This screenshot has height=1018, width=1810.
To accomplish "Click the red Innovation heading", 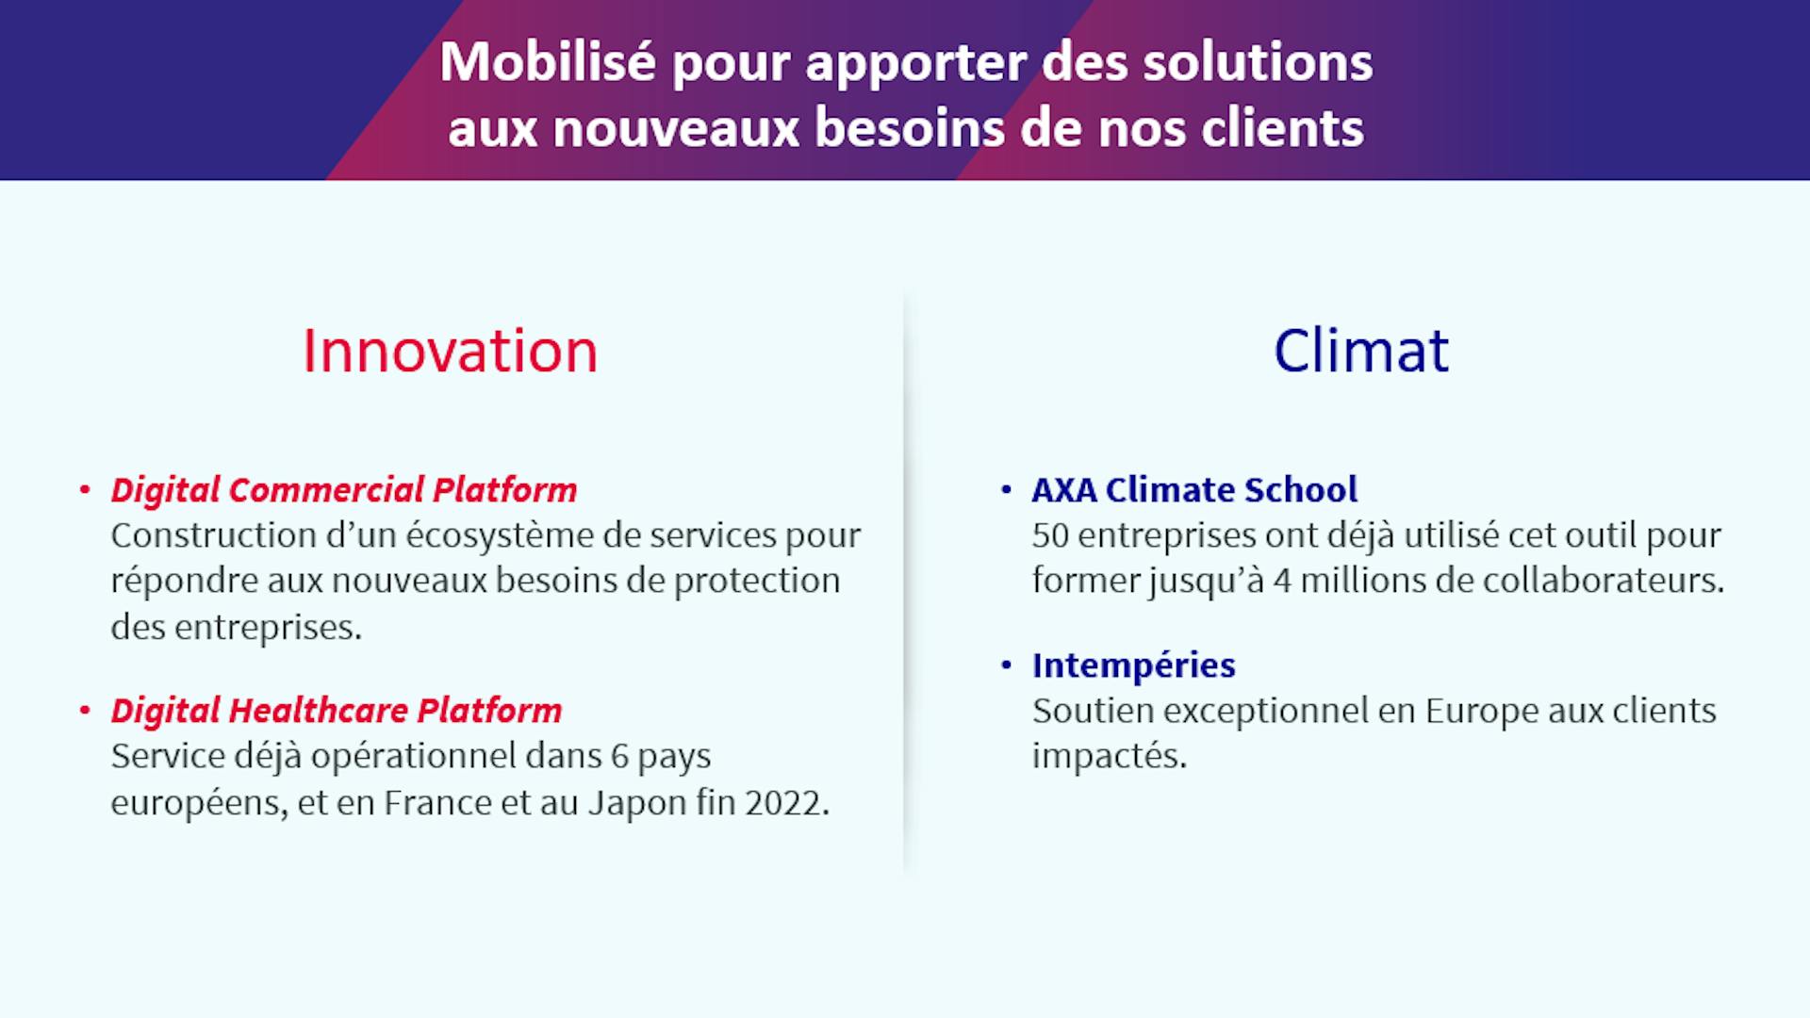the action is pos(450,352).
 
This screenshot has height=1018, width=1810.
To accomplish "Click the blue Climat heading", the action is pos(1361,352).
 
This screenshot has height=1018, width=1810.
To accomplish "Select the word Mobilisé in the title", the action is pos(548,62).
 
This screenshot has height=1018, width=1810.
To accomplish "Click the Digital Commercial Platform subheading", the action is pos(344,490).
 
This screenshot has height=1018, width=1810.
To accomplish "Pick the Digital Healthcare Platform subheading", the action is pos(337,711).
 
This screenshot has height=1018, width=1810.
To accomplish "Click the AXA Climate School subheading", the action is pos(1194,490).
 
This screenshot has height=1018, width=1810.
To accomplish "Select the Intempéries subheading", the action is pos(1133,665).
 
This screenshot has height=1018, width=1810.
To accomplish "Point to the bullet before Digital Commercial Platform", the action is pos(85,490).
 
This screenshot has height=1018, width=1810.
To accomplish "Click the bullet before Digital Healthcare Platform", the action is pos(85,711).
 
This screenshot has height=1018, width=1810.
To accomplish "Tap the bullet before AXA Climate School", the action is pos(1006,490).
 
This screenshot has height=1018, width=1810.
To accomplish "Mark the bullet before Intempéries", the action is pos(1006,665).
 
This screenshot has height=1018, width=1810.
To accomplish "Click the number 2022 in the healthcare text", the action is pos(787,803).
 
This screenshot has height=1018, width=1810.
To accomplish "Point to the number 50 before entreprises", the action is pos(1050,535).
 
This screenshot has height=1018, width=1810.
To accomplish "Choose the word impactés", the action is pos(1110,757).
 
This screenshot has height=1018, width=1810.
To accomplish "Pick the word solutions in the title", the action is pos(1258,62).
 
